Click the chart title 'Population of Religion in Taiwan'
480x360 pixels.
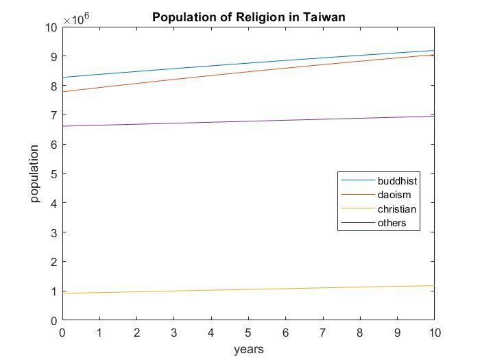249,16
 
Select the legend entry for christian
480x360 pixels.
396,209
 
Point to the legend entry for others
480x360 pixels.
392,223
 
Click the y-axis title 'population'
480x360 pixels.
35,174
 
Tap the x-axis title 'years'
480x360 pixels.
248,349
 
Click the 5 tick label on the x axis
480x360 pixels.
248,333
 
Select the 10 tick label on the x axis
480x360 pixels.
434,333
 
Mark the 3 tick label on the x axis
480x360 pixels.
174,333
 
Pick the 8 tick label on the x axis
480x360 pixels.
359,333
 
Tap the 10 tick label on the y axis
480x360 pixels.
49,27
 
